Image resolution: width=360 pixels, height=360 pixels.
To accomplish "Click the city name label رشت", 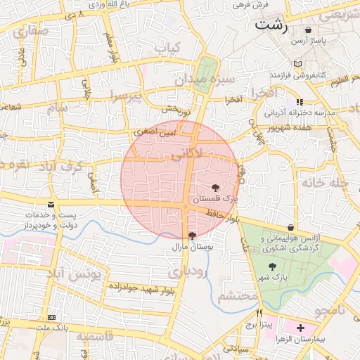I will (x=273, y=25).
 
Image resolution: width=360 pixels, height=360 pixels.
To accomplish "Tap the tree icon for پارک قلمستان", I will (x=214, y=187).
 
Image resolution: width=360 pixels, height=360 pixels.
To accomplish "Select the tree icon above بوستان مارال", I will (x=192, y=235).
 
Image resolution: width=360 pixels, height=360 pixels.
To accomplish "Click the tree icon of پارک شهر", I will (x=272, y=266).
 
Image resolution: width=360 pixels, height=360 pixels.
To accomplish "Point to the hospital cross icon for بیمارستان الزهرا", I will (x=302, y=328).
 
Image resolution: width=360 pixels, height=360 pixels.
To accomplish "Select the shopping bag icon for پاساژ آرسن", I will (x=309, y=30).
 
